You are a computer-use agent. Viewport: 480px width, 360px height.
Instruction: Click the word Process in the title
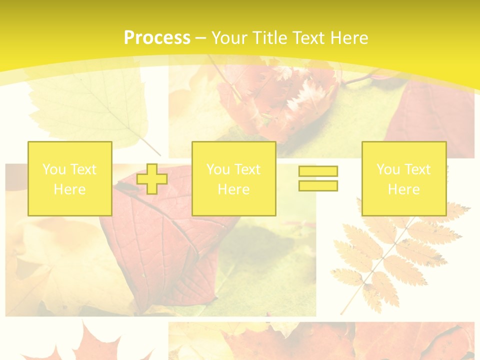[157, 38]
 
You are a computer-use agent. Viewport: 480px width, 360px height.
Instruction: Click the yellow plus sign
[152, 179]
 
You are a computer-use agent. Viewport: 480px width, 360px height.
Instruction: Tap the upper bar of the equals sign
[318, 171]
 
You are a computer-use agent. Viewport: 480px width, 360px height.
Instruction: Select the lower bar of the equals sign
[318, 185]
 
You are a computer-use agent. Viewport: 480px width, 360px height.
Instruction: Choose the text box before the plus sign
[69, 178]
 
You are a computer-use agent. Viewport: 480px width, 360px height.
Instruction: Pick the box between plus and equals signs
[233, 178]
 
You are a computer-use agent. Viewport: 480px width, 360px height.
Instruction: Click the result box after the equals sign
[403, 178]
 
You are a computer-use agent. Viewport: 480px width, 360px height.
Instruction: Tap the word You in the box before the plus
[53, 169]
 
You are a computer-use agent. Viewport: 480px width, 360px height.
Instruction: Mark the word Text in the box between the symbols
[247, 169]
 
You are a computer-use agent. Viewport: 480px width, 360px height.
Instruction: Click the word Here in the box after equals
[403, 189]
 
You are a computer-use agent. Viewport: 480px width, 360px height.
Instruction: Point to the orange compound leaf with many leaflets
[390, 255]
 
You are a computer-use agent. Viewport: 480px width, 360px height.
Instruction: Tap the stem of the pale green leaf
[150, 145]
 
